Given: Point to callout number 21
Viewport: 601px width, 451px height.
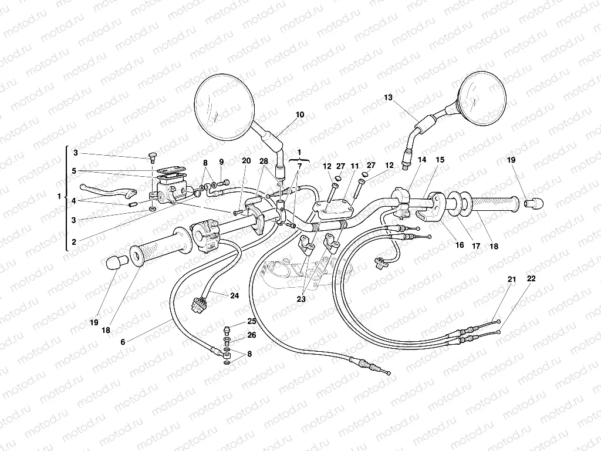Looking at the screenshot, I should click(511, 280).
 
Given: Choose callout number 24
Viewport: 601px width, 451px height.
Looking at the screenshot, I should click(235, 295).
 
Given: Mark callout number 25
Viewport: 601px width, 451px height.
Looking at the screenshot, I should click(251, 321).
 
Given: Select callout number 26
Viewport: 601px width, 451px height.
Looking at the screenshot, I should click(251, 335).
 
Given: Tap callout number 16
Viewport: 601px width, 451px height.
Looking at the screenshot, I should click(460, 245).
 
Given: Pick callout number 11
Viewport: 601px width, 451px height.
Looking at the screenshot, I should click(354, 166).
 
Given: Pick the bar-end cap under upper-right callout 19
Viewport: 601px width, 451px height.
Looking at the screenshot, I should click(535, 203).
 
